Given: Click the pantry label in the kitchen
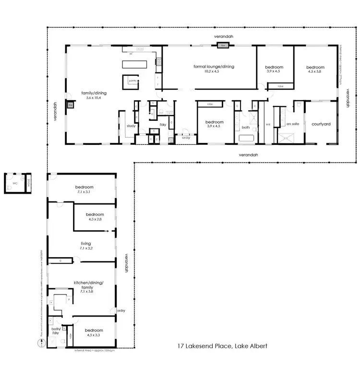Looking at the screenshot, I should coord(132,82).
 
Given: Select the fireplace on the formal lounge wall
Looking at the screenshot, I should coord(223,46).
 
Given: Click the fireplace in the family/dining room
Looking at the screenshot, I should coord(70,105).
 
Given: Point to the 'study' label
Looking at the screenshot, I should coord(131,126).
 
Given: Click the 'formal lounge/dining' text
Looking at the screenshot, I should coord(214,67).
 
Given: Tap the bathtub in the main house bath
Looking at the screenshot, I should coord(247,140).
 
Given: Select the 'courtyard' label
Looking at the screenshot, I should coord(321,124).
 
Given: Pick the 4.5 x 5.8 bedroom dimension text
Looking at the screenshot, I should coord(315,71).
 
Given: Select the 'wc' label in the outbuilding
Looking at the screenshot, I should coord(15,183).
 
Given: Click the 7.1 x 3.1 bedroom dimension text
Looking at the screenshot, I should coord(84,192).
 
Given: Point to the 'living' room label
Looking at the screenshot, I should coord(85,244).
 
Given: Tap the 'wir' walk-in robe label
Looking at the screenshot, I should coord(268,124).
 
